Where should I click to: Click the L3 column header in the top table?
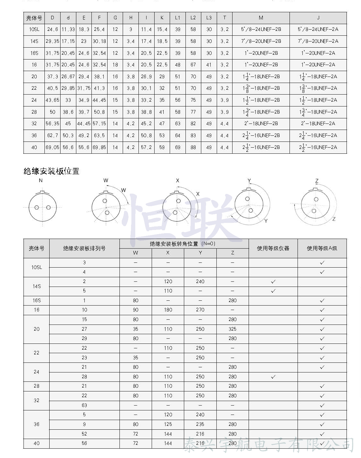209,18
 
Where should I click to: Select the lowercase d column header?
68,18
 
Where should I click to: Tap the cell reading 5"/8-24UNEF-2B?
261,29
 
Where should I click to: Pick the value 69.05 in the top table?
52,147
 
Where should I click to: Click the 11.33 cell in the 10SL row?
68,29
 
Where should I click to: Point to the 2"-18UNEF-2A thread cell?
318,124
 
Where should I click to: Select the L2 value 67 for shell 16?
193,65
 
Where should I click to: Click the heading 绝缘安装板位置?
52,171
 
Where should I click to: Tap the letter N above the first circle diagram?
41,180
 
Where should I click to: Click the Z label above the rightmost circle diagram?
317,181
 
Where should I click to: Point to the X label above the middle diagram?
177,181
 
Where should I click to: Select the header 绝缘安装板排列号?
84,248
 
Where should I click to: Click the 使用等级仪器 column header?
273,248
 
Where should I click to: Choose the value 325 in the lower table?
233,329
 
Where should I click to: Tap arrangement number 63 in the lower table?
84,405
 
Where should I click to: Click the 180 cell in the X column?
168,310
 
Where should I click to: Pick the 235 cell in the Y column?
200,424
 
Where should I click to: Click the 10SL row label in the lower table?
36,267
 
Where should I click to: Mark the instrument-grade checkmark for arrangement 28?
273,377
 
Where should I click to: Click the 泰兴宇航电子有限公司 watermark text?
269,445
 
